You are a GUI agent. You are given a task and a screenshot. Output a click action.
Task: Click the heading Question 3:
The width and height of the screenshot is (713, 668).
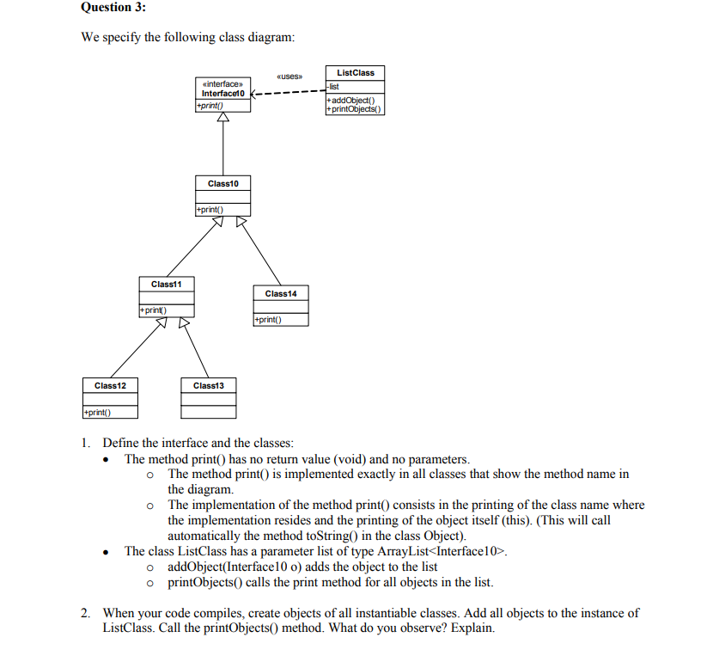[113, 8]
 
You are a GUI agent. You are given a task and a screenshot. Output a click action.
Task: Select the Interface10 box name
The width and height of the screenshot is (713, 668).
[223, 93]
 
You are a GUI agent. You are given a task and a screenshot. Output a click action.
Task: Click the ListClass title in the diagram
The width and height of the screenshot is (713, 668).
[355, 73]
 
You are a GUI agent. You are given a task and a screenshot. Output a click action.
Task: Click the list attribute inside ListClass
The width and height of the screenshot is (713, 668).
[334, 87]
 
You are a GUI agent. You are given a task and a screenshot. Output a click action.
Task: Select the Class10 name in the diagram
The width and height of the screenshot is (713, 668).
[223, 184]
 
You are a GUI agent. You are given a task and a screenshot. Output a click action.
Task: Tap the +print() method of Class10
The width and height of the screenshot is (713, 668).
[210, 209]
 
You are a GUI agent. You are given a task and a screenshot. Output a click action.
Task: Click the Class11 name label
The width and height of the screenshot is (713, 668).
[166, 284]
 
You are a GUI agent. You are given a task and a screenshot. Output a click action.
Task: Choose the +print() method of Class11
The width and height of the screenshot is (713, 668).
[152, 309]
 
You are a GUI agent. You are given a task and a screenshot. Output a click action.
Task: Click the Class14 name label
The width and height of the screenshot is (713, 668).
[280, 294]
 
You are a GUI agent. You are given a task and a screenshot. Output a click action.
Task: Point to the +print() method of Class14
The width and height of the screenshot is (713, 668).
[268, 320]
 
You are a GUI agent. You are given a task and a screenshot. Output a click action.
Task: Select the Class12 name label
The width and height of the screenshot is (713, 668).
[110, 386]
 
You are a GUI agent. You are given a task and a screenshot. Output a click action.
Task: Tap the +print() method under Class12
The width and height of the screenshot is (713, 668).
[95, 413]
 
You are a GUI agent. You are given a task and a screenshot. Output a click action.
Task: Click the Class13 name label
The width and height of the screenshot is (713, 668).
[209, 386]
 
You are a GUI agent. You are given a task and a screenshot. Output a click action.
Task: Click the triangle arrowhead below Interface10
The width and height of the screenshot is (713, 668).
[223, 119]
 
